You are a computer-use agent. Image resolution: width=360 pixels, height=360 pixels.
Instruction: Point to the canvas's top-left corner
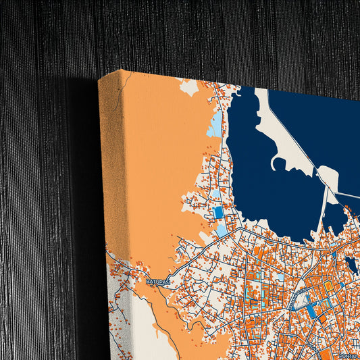tap(100, 78)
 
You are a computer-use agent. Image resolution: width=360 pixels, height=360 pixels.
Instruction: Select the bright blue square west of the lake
tap(218, 213)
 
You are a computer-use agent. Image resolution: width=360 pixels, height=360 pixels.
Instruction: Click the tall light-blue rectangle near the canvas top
tap(215, 125)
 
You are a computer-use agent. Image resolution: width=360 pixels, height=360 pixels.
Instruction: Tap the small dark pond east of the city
tap(351, 264)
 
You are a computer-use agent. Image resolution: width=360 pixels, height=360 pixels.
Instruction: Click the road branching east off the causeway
tap(348, 196)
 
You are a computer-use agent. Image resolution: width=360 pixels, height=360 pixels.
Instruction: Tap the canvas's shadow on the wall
tap(81, 203)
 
